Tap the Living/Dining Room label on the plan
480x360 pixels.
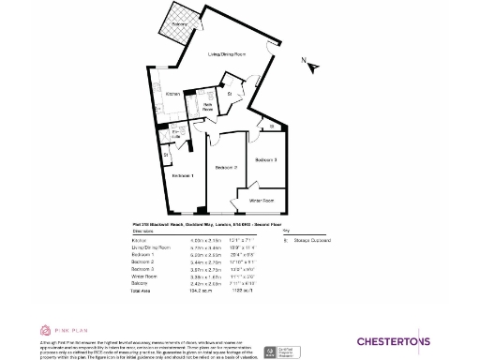point(229,55)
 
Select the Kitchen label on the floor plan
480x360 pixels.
point(172,95)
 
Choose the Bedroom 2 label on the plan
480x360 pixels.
point(224,168)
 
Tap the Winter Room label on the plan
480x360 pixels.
point(262,201)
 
